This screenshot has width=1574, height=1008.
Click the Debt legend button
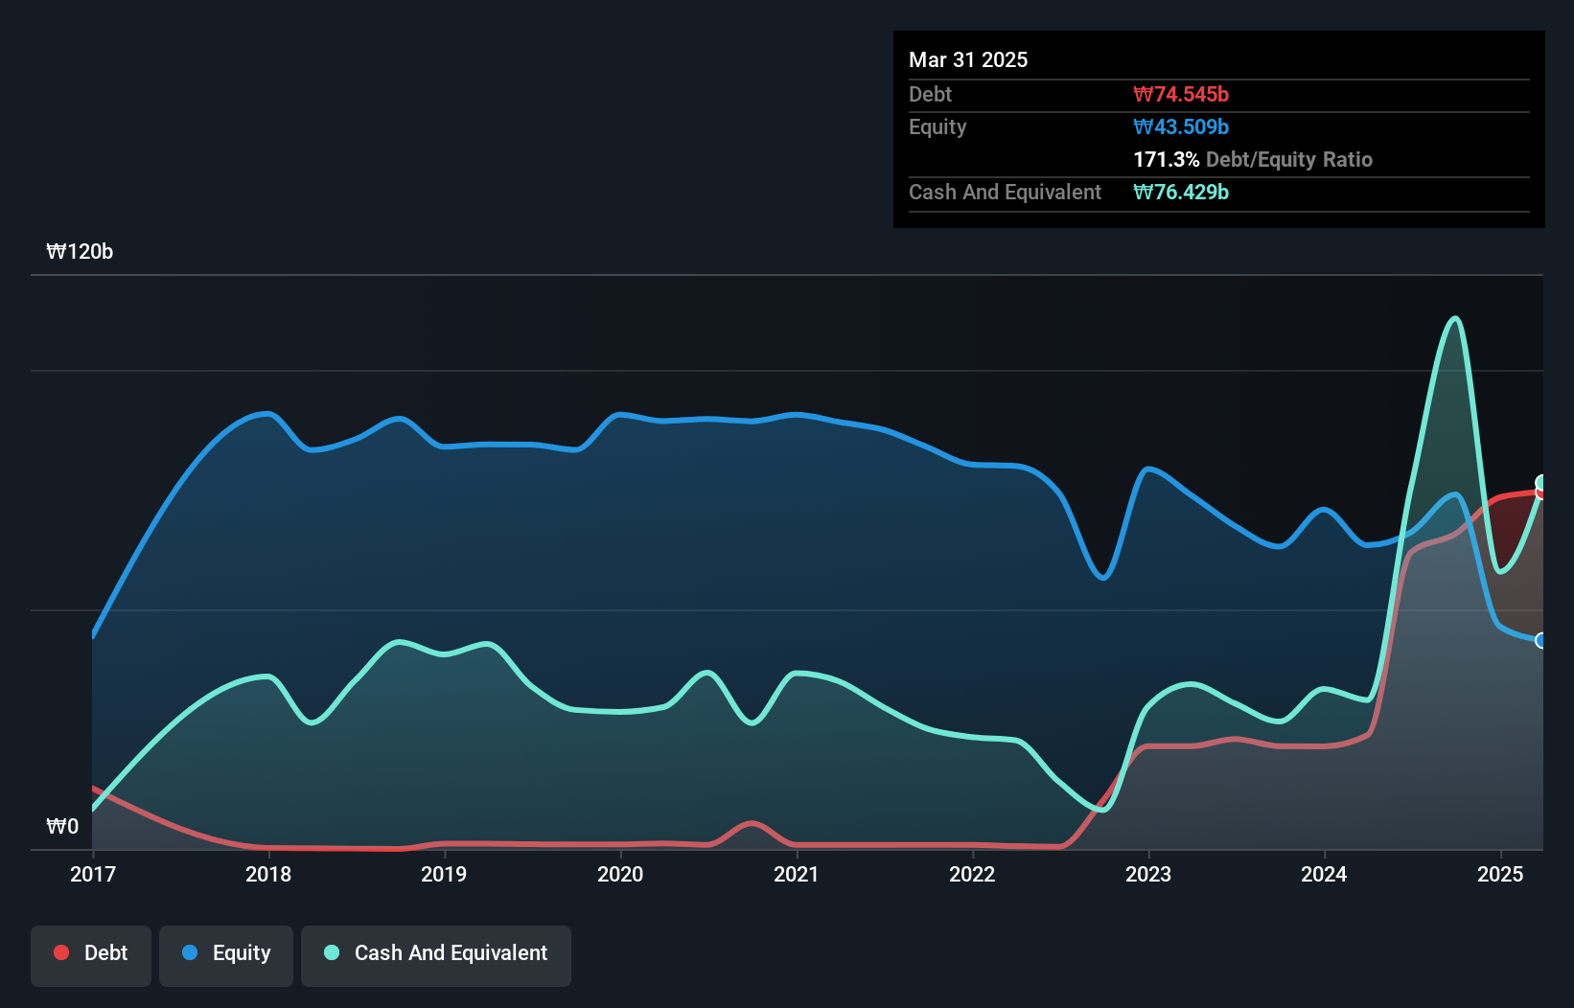tap(90, 953)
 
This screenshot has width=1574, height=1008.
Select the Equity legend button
tap(226, 953)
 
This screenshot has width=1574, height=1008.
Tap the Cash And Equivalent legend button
tap(436, 953)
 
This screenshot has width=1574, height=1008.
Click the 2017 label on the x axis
tap(93, 874)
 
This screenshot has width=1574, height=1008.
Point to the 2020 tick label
tap(620, 874)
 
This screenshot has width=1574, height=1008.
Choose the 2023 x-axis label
tap(1148, 874)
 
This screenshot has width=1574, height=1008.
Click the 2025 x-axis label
tap(1500, 874)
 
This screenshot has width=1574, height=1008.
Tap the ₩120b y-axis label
tap(80, 252)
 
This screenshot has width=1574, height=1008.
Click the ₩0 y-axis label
tap(62, 826)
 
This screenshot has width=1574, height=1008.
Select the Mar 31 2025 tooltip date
tap(968, 59)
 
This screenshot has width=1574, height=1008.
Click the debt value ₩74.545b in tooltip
tap(1181, 94)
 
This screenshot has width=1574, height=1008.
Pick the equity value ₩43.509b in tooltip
tap(1181, 126)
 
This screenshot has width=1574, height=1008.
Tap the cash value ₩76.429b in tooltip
tap(1181, 192)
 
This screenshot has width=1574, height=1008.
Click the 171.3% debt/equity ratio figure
tap(1166, 159)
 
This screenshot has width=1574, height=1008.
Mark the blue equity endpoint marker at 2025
tap(1541, 640)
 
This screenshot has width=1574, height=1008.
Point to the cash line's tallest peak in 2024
tap(1456, 318)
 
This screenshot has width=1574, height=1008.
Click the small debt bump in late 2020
tap(752, 823)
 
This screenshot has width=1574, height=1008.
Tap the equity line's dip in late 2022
tap(1103, 578)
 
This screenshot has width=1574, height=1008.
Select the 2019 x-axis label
tap(444, 874)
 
